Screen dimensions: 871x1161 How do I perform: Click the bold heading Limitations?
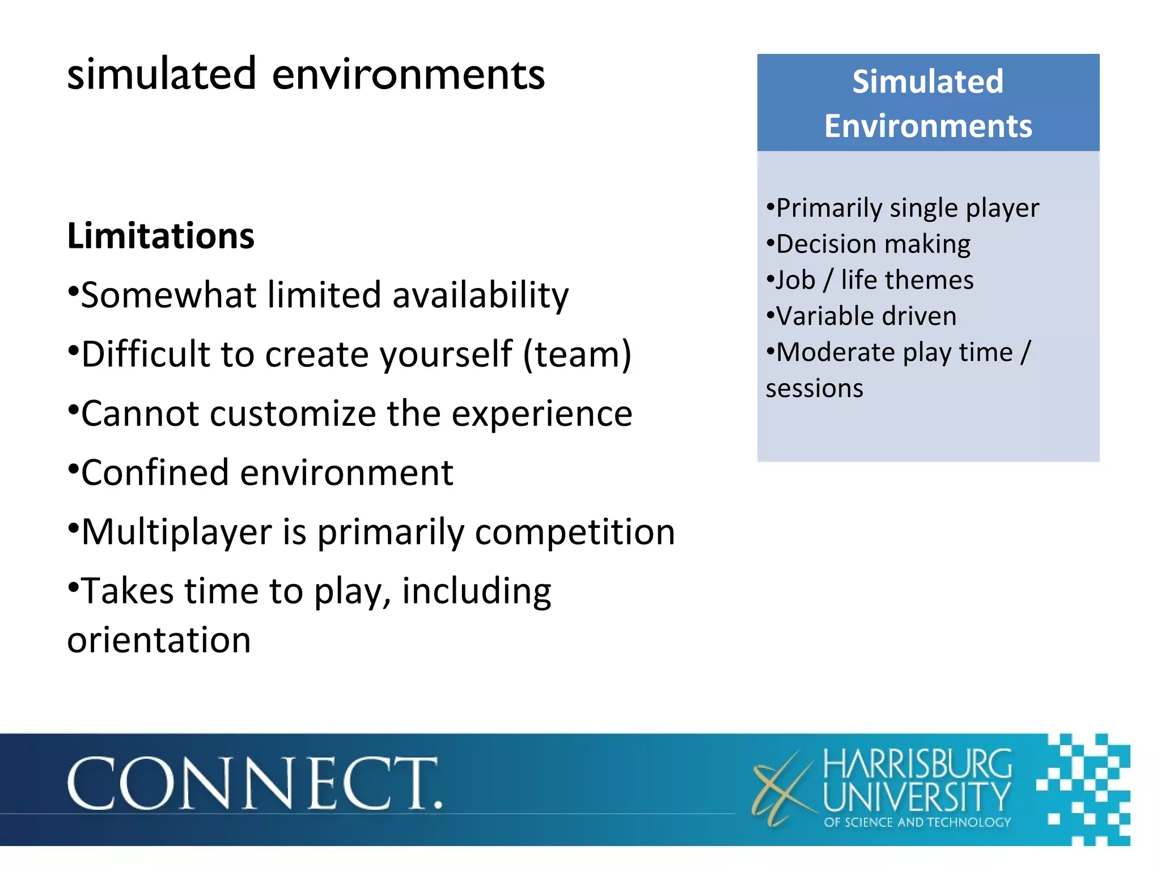161,236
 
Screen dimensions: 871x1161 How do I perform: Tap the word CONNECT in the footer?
254,784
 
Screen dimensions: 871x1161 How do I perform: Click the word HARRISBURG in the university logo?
917,764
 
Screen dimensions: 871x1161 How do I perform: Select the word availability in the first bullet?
480,295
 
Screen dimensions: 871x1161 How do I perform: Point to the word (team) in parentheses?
577,355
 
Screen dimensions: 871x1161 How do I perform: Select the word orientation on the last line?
159,640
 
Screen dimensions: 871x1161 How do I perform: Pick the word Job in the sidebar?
795,280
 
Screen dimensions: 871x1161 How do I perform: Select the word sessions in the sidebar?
814,389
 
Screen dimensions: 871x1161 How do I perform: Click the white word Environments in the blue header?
928,126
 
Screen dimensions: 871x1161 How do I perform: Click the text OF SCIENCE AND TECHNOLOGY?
917,822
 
